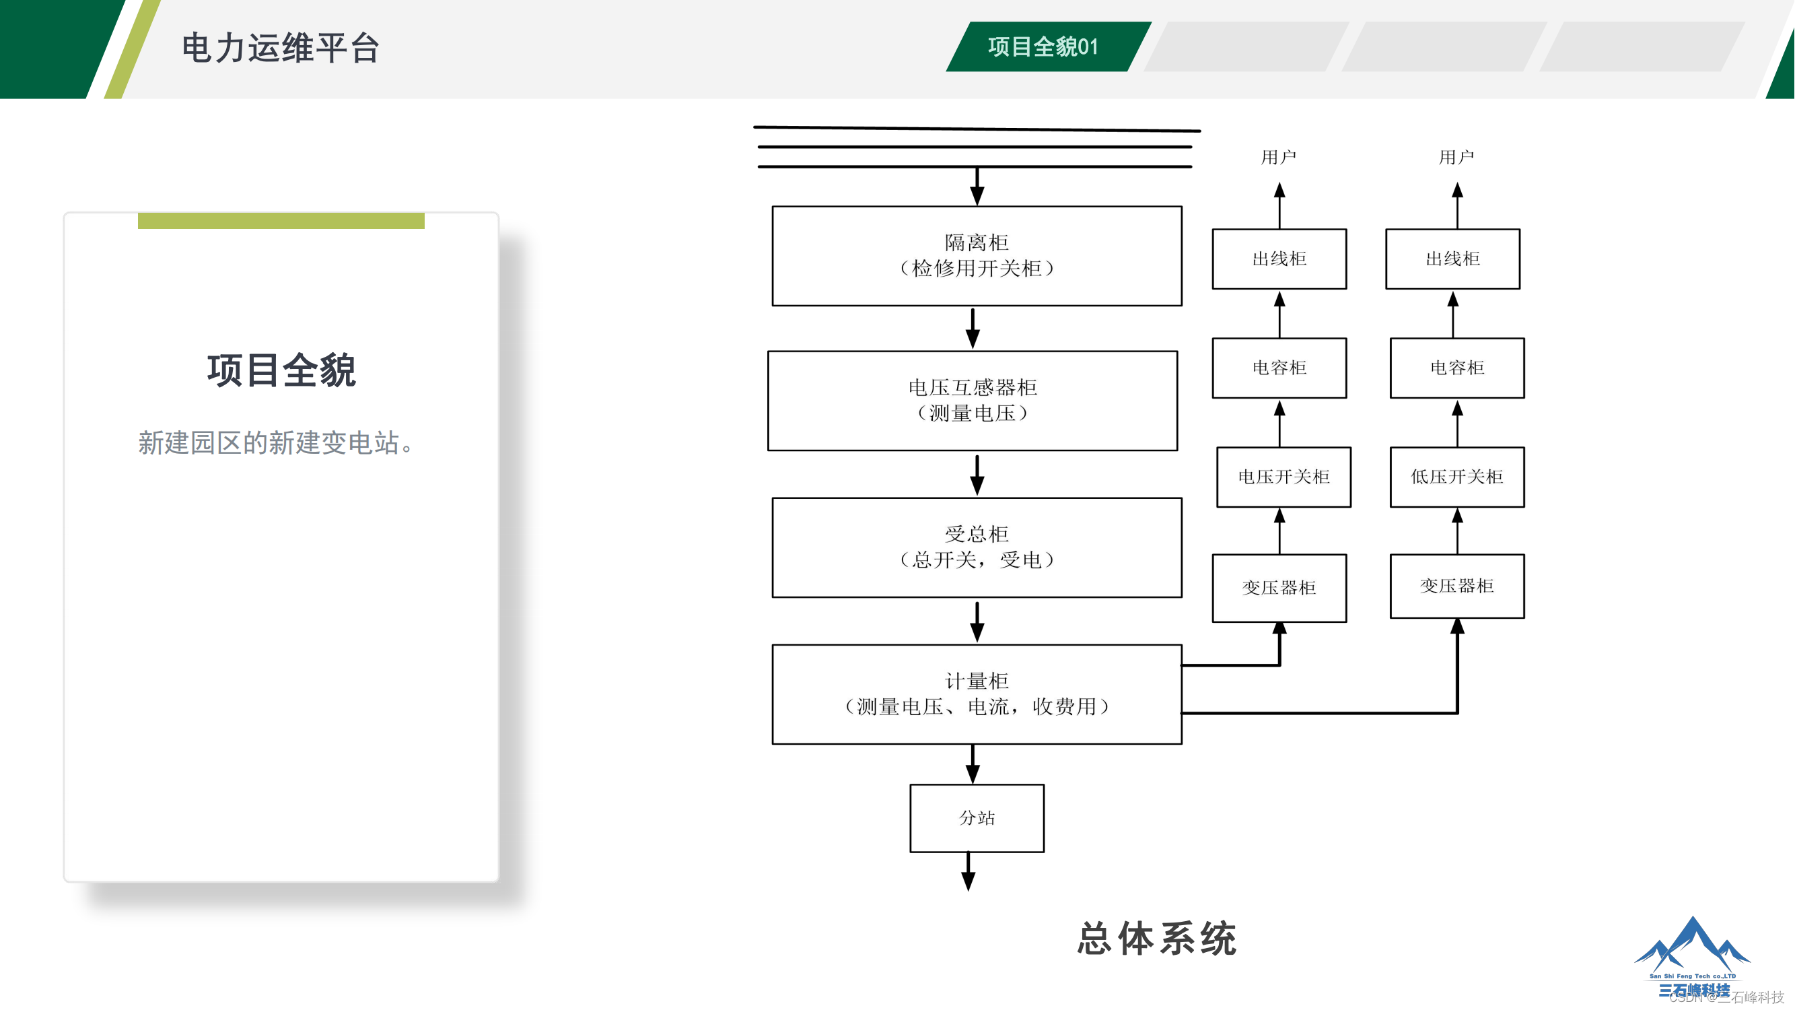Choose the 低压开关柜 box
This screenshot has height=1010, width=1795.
1456,477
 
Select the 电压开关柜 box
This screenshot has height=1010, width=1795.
1283,477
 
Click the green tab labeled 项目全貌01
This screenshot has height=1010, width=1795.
1043,46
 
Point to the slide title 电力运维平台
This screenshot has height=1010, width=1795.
280,48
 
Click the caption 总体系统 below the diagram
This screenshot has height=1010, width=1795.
1157,938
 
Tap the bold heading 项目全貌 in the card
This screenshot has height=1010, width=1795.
281,370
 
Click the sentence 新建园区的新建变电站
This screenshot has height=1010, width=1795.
276,442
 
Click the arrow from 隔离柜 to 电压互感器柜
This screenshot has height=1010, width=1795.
973,329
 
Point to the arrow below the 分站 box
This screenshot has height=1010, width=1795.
968,872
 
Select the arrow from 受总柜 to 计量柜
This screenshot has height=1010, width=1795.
977,621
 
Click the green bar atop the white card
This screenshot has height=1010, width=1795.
281,221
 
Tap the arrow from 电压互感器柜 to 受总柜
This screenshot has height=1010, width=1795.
977,475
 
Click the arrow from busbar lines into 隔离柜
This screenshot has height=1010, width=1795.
977,186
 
